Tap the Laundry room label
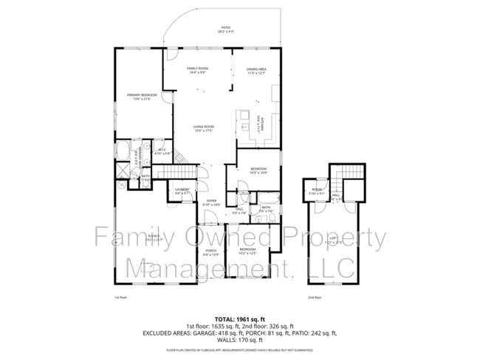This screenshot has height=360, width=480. [x=182, y=191]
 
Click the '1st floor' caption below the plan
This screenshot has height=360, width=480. [x=121, y=297]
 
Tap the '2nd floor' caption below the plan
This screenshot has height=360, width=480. [x=315, y=297]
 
